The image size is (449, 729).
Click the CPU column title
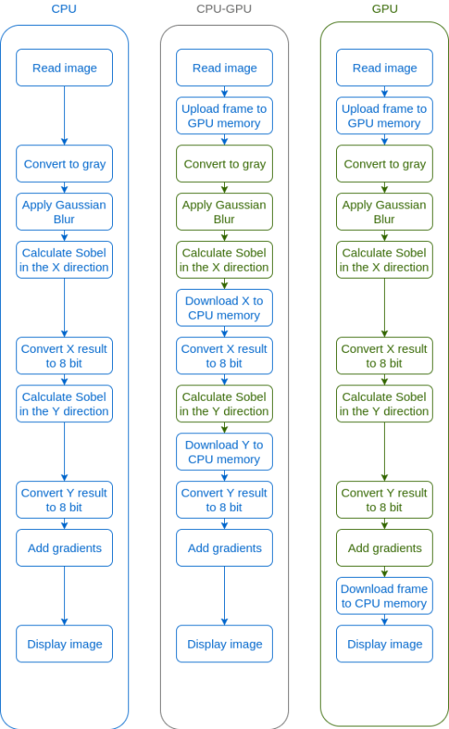tap(64, 9)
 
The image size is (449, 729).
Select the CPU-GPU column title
tap(224, 9)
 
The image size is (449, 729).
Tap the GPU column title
tap(385, 9)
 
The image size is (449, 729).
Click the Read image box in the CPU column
tap(65, 68)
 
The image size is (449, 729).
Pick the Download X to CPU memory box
tap(224, 308)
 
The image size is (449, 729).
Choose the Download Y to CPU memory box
tap(224, 452)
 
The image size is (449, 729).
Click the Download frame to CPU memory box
tap(384, 596)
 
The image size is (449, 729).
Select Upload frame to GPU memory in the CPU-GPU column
tap(224, 115)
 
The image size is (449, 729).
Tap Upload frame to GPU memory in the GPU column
tap(384, 115)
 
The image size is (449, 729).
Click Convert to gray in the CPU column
tap(65, 163)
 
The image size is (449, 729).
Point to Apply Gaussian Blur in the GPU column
tap(384, 212)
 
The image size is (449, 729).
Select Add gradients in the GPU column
tap(384, 548)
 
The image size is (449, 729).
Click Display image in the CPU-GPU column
tap(224, 644)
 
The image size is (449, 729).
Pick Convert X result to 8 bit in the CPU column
tap(65, 356)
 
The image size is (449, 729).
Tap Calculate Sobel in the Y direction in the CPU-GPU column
tap(224, 404)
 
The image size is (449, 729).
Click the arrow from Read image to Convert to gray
tap(65, 115)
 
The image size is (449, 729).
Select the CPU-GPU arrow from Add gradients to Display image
tap(224, 596)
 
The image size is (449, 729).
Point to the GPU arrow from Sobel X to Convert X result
tap(384, 308)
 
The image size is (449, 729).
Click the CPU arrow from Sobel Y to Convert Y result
tap(65, 452)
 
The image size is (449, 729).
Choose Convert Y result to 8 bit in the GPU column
tap(384, 500)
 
